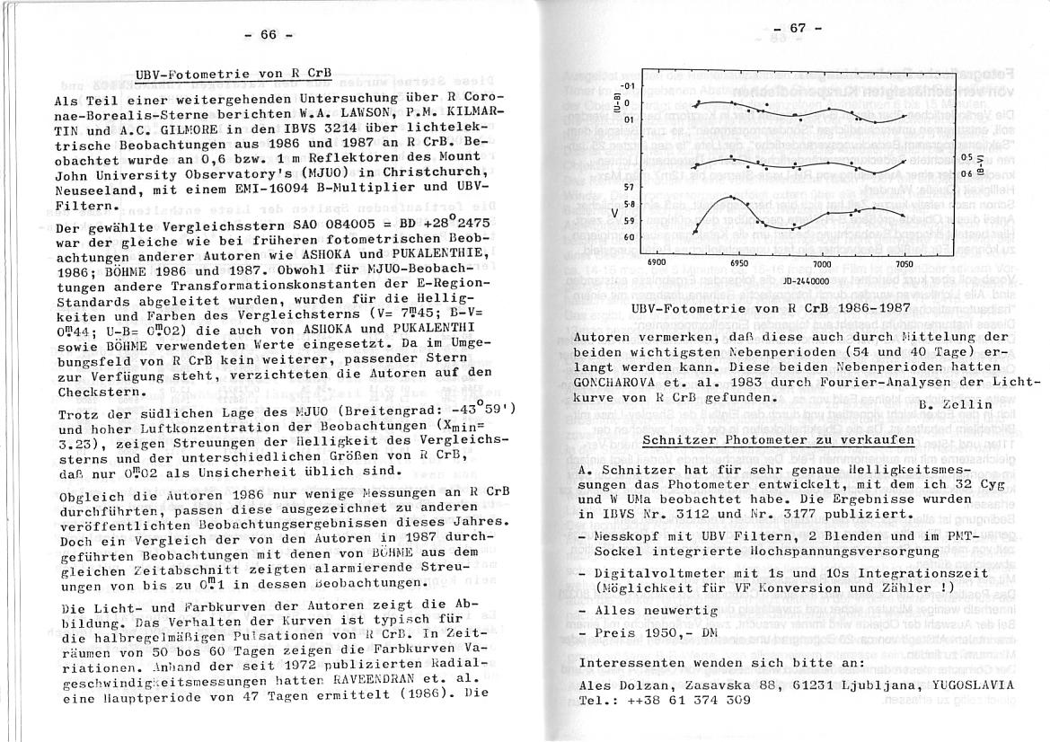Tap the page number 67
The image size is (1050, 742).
(797, 28)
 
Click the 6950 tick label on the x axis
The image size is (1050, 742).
(738, 264)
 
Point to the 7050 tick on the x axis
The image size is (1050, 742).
(904, 264)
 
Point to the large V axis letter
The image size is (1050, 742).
(613, 214)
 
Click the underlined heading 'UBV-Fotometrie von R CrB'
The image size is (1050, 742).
(233, 74)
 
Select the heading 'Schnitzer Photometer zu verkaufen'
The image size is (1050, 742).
(778, 439)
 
